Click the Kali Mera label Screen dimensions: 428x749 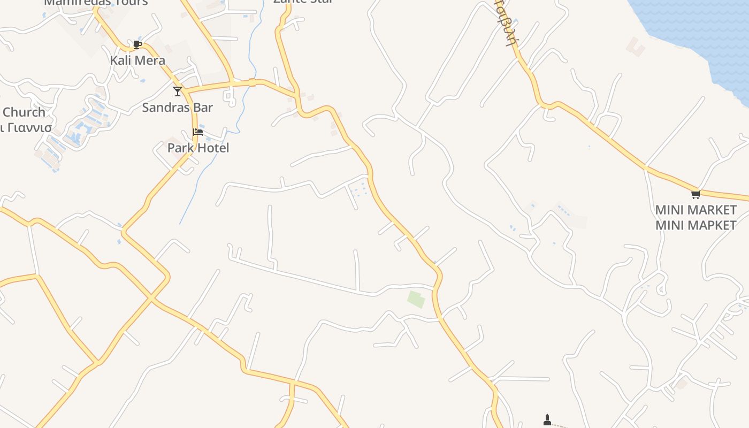point(137,60)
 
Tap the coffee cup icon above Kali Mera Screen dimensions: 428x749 point(137,44)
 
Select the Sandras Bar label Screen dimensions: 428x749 point(177,108)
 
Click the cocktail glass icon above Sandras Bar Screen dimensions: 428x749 point(178,91)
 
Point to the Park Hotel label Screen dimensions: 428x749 point(198,148)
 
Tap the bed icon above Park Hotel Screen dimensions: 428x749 point(198,132)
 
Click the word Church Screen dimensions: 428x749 point(24,112)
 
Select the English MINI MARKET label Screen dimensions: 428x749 point(695,210)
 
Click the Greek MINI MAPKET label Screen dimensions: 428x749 point(695,225)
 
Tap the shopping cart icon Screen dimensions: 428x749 point(695,194)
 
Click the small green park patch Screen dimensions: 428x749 point(416,299)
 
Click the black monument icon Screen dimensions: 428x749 point(547,420)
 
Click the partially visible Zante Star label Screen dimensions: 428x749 point(303,2)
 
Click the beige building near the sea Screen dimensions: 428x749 point(636,47)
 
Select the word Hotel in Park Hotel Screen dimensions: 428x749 point(212,148)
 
